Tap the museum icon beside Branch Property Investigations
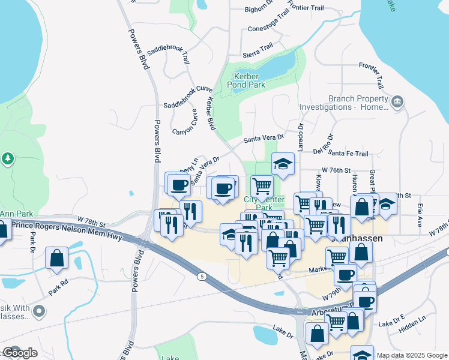[x=397, y=103]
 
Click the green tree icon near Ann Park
[x=8, y=159]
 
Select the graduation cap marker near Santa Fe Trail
[x=283, y=164]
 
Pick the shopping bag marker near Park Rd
[x=56, y=258]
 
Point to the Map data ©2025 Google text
[x=412, y=355]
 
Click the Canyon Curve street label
[x=185, y=122]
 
